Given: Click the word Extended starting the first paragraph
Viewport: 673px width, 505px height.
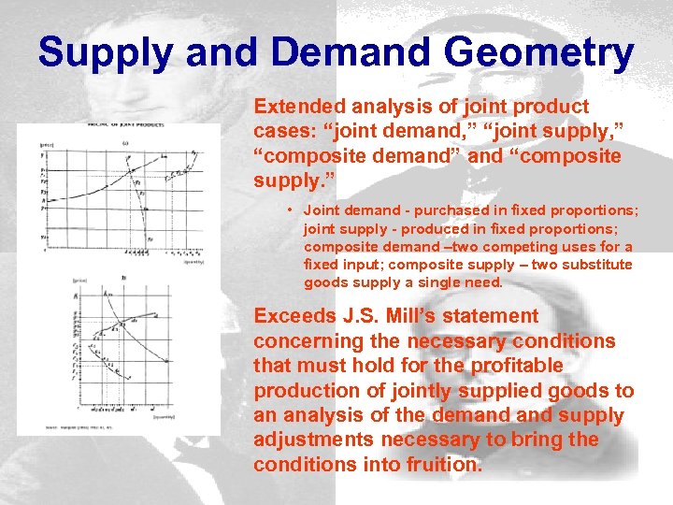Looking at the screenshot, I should (296, 107).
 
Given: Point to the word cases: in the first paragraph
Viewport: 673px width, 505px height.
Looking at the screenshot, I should (282, 131).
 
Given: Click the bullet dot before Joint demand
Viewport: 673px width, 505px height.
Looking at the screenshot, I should (293, 211).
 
